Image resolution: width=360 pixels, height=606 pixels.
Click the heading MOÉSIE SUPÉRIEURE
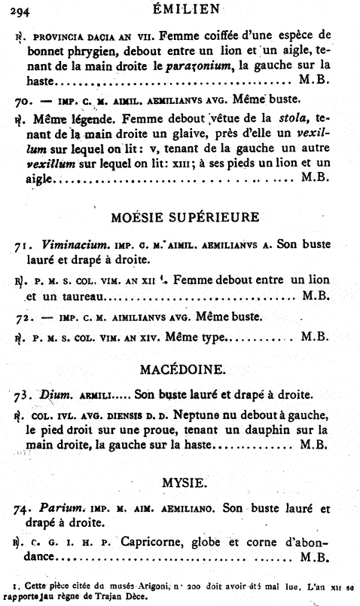tap(185, 217)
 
